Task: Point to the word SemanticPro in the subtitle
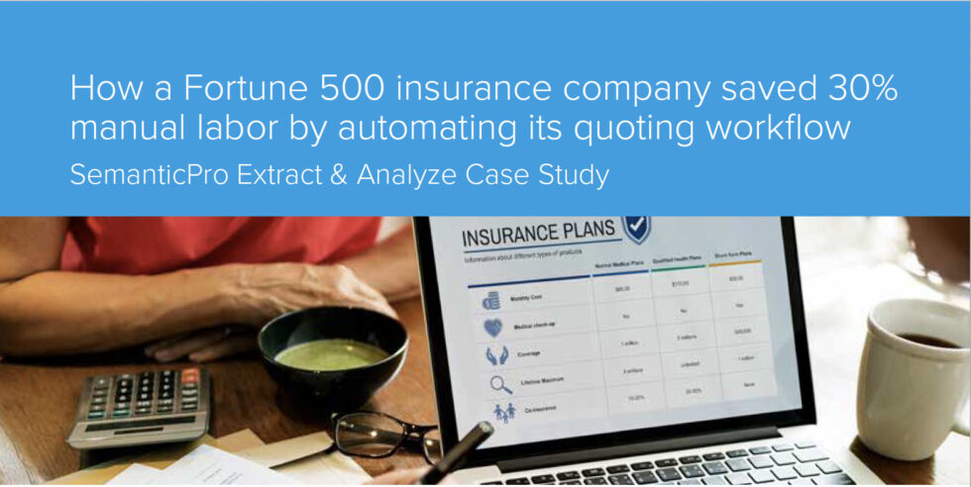[x=149, y=175]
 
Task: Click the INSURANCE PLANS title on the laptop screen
[x=536, y=238]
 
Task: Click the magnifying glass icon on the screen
[x=500, y=385]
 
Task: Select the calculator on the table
[x=139, y=401]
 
